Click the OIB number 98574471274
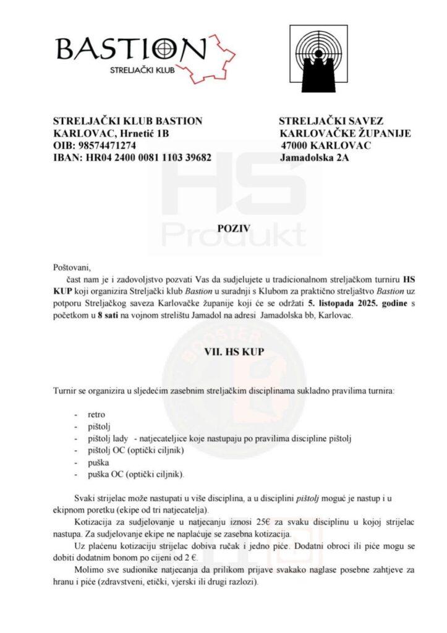click(x=108, y=145)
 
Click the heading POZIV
click(x=232, y=227)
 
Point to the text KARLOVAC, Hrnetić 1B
click(x=111, y=133)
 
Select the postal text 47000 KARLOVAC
click(x=326, y=145)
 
